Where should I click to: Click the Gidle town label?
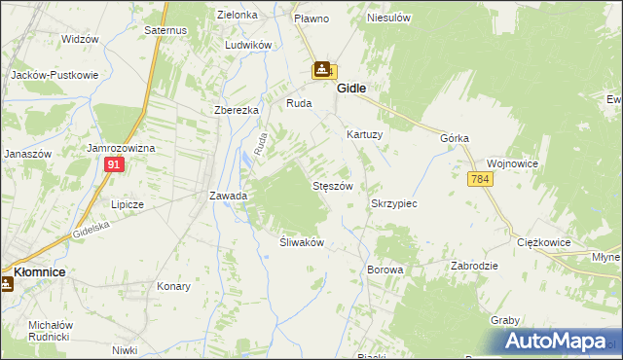pyautogui.click(x=351, y=88)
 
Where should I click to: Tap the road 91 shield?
pyautogui.click(x=114, y=165)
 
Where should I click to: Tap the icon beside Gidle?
pyautogui.click(x=323, y=71)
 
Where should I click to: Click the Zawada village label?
pyautogui.click(x=229, y=196)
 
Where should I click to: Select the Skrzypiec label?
pyautogui.click(x=394, y=204)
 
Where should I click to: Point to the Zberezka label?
pyautogui.click(x=236, y=110)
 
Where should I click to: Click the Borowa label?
pyautogui.click(x=385, y=269)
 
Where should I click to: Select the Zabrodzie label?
pyautogui.click(x=475, y=266)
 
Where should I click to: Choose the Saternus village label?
pyautogui.click(x=165, y=31)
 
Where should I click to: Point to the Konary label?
pyautogui.click(x=173, y=287)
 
